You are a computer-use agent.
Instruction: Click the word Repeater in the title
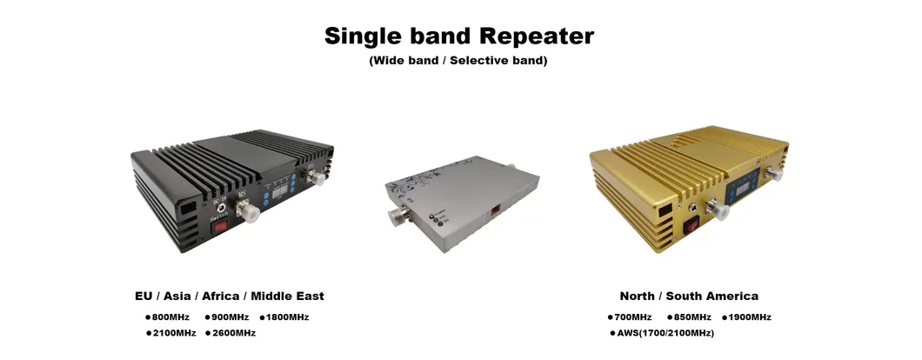(537, 37)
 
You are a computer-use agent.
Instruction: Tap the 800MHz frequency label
(171, 317)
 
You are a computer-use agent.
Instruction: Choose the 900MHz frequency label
(230, 317)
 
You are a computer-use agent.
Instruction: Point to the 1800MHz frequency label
(288, 317)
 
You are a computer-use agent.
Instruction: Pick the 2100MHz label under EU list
(174, 333)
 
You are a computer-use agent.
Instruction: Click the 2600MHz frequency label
(233, 333)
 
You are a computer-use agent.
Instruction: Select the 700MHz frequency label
(632, 317)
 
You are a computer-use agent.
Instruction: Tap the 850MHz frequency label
(692, 317)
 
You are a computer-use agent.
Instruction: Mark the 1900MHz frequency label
(750, 317)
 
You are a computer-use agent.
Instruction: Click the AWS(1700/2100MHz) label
(665, 333)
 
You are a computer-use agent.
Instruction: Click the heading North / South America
(689, 296)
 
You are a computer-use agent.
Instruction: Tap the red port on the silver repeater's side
(497, 209)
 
